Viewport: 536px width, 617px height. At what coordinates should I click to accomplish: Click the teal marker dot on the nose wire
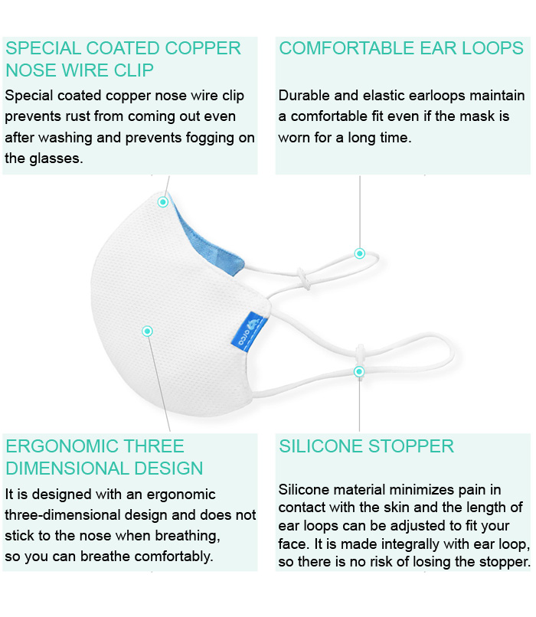pos(163,202)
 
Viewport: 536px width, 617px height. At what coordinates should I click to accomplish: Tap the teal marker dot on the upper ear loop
pos(360,253)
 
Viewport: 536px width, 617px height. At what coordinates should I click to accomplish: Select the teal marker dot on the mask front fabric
pos(148,331)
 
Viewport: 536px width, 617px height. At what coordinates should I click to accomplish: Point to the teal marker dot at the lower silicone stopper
pos(359,371)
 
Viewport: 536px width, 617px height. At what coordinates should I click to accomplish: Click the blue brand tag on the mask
pos(249,331)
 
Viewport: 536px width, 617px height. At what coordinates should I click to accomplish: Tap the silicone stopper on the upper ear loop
pos(303,278)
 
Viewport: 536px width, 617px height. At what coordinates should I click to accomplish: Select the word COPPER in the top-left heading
pos(203,48)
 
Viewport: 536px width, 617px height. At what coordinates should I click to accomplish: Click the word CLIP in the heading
pos(133,70)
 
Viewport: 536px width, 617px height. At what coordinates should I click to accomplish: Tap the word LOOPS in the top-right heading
pos(492,48)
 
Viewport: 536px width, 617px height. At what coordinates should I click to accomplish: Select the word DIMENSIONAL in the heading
pos(67,468)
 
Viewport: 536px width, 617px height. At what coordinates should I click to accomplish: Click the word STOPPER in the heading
pos(411,446)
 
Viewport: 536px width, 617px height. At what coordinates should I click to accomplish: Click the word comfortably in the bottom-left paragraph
pos(179,557)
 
